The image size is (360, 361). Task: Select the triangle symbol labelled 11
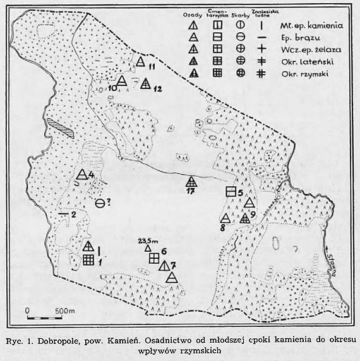[x=140, y=62]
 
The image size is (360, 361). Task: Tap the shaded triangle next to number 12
[x=145, y=83]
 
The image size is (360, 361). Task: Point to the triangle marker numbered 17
[x=191, y=183]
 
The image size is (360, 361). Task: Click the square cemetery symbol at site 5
[x=231, y=191]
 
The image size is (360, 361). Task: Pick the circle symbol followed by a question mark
[x=100, y=203]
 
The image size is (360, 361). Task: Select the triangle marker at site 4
[x=81, y=175]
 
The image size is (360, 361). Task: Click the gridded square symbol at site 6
[x=153, y=257]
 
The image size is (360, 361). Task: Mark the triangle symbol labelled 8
[x=224, y=218]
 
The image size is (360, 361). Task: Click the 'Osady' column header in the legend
[x=191, y=13]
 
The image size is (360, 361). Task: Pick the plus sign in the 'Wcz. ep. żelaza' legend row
[x=261, y=49]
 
